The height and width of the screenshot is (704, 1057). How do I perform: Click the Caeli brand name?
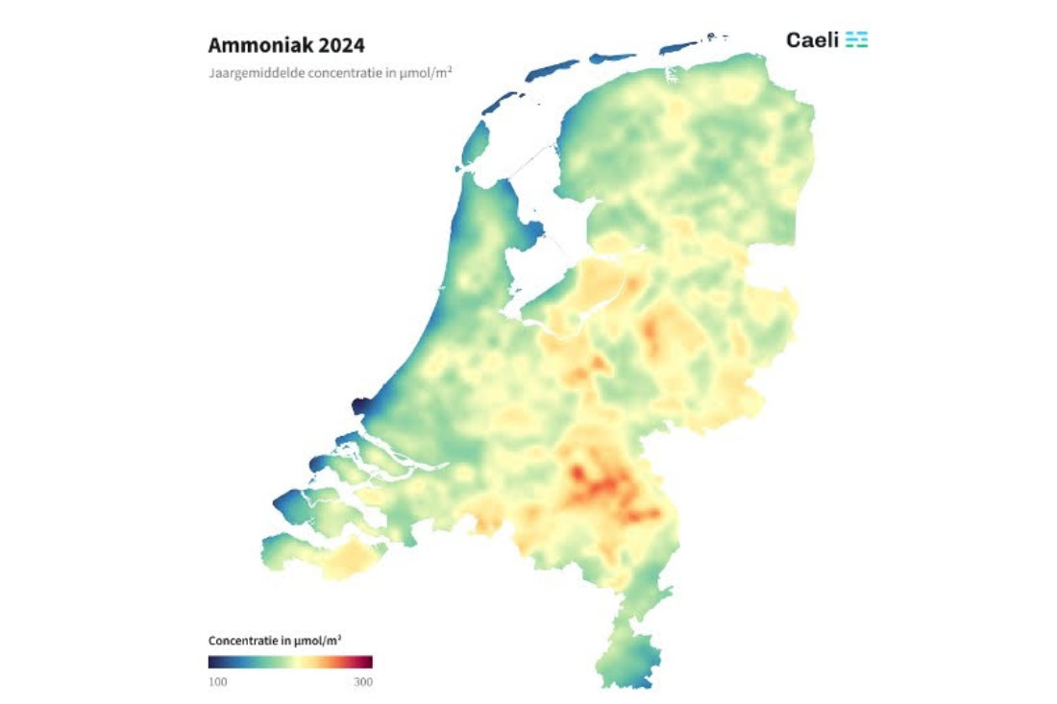pos(812,39)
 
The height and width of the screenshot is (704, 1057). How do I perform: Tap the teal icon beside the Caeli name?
pos(857,39)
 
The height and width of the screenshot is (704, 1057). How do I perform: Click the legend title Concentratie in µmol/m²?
pos(275,641)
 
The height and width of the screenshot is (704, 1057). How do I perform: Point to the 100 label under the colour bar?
pos(219,681)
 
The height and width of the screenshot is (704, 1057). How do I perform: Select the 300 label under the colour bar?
pos(362,681)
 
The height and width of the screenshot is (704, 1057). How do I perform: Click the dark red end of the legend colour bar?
pos(366,662)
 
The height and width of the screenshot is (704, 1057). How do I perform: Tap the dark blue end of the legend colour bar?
pos(213,662)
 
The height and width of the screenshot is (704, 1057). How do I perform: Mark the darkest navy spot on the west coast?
pos(361,406)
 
